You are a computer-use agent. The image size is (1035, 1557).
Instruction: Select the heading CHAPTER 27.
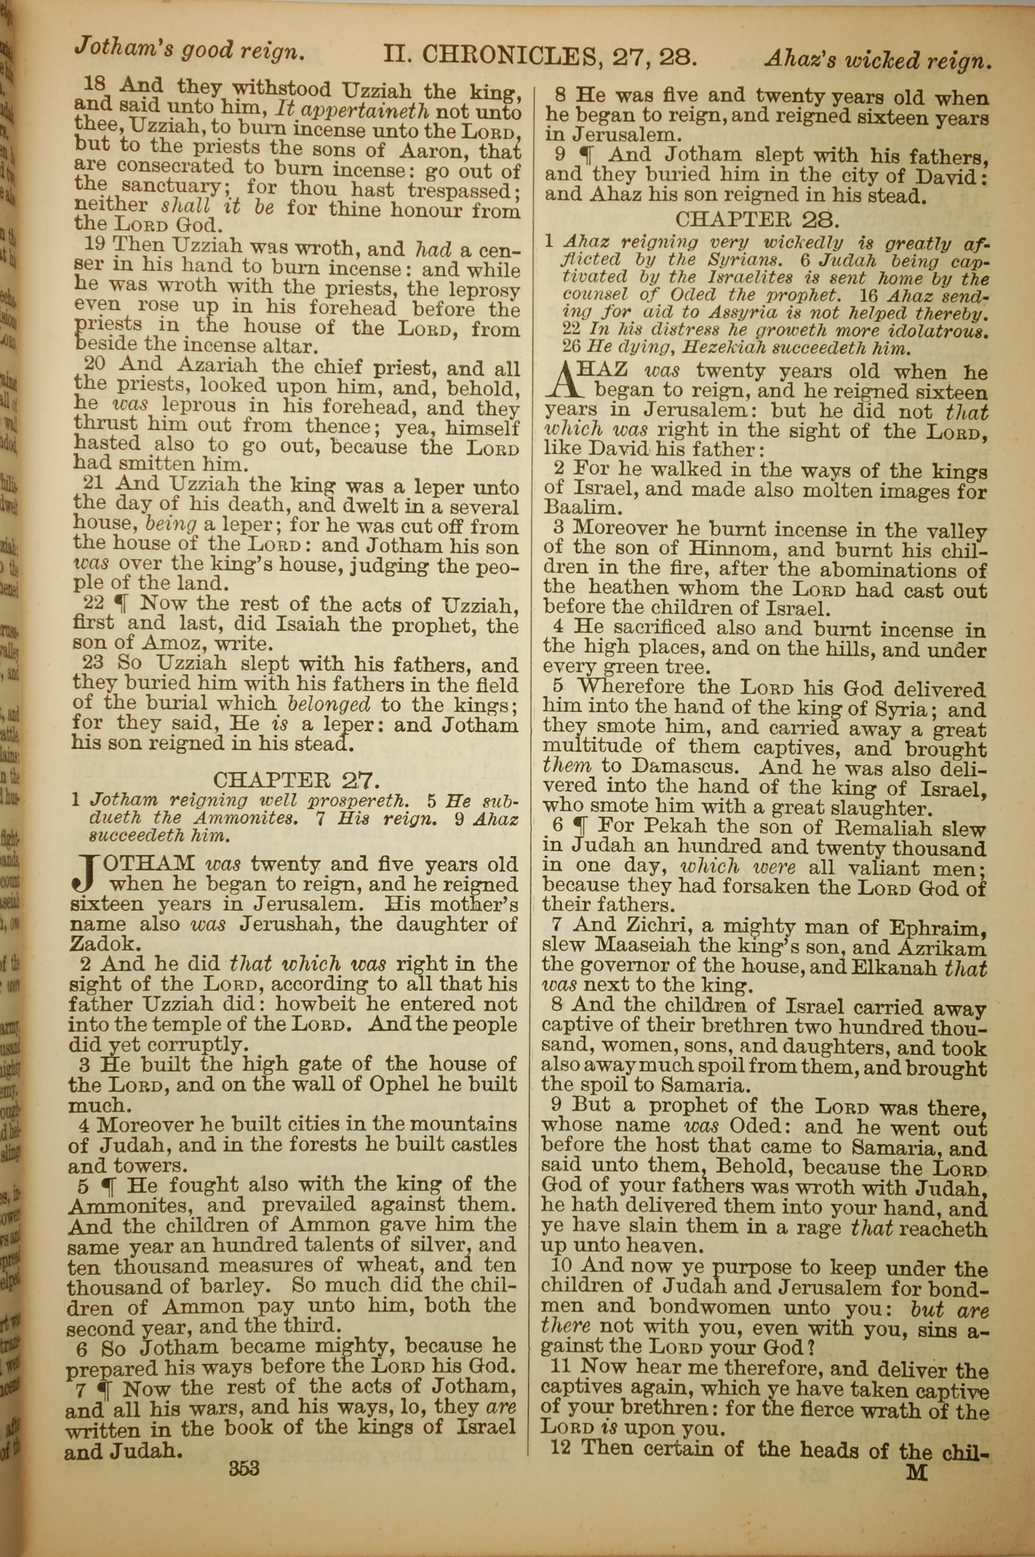pos(297,781)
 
